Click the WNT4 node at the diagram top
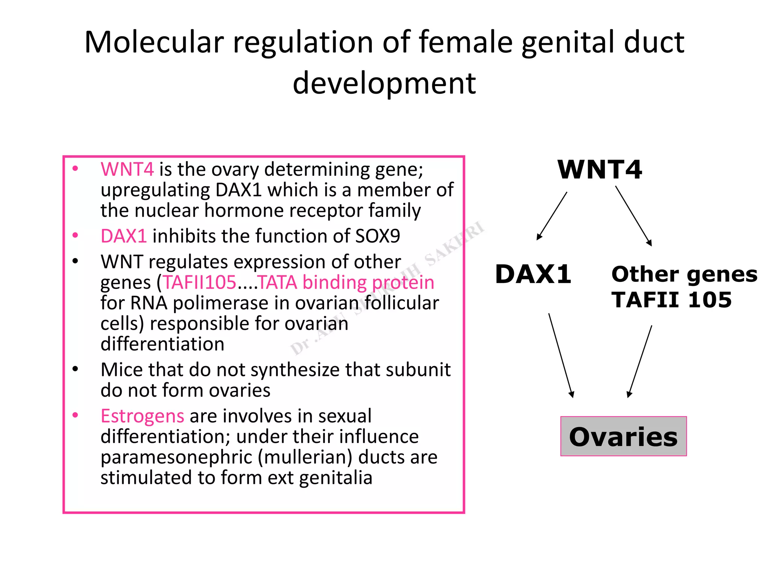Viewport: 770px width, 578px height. click(x=599, y=170)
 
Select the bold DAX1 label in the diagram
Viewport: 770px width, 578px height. click(x=533, y=274)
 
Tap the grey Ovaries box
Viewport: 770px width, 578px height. click(x=623, y=437)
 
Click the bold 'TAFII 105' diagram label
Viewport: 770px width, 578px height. click(x=671, y=300)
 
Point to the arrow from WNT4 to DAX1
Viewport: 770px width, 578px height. click(x=552, y=216)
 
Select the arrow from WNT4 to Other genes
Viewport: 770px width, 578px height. click(x=634, y=216)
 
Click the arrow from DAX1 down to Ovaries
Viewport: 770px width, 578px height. click(x=561, y=355)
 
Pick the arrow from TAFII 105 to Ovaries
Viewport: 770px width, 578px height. click(x=640, y=361)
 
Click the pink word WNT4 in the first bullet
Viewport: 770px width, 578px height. click(x=127, y=169)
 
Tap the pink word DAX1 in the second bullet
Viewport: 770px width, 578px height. click(x=123, y=236)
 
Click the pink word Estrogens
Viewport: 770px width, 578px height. click(x=142, y=416)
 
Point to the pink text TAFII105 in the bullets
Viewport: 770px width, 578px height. click(x=199, y=283)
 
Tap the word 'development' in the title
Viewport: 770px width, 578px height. click(x=384, y=84)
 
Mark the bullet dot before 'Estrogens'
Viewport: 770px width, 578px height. click(x=75, y=415)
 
